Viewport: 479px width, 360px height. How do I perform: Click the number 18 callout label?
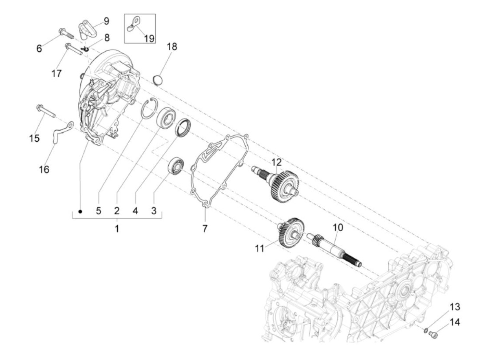(x=172, y=47)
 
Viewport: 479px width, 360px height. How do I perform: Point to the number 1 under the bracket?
(x=117, y=228)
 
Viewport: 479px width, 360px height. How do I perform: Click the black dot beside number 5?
(x=80, y=211)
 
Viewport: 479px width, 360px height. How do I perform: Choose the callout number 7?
(x=205, y=228)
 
